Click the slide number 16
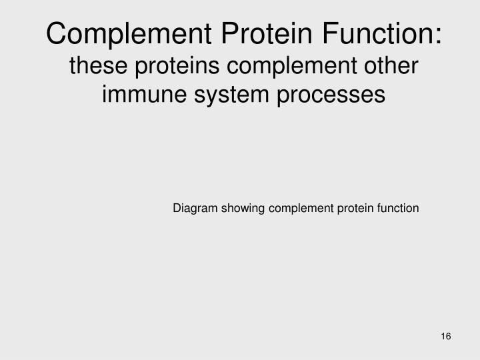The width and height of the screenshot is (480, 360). [x=446, y=336]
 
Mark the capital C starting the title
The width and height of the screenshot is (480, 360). [x=57, y=33]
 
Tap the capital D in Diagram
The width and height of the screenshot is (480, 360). [x=177, y=208]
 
